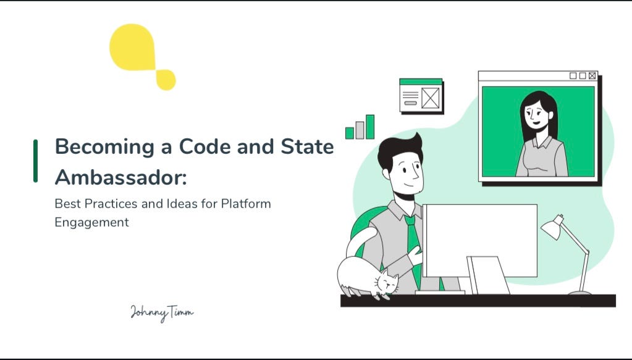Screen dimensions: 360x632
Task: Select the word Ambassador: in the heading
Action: (120, 177)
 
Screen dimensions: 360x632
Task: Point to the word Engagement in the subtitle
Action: (91, 223)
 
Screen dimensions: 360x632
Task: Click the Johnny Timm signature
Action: (162, 312)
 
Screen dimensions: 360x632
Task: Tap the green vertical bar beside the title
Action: (35, 161)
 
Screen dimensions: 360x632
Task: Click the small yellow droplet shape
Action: (166, 80)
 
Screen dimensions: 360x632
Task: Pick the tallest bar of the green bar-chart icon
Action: (370, 127)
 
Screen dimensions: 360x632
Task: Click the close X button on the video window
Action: (592, 76)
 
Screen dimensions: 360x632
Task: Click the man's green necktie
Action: (413, 244)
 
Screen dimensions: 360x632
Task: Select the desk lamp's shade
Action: (552, 228)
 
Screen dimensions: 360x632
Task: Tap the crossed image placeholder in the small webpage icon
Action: (430, 98)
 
